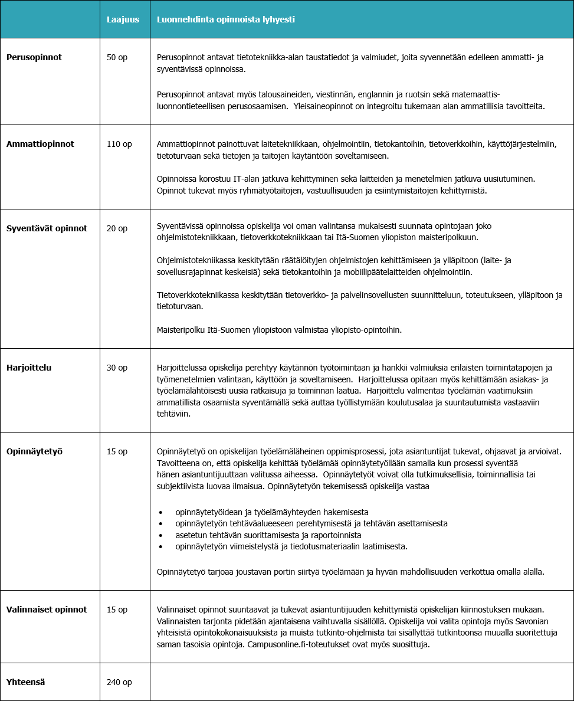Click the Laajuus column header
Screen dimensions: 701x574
click(123, 19)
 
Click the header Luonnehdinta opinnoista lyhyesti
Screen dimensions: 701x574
click(225, 19)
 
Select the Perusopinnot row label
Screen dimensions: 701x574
click(34, 57)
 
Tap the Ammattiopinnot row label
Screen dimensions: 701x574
click(40, 143)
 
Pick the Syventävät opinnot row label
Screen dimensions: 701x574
click(47, 228)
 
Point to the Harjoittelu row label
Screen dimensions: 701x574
click(29, 367)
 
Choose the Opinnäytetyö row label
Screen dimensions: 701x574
click(34, 451)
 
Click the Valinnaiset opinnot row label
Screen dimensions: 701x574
click(47, 609)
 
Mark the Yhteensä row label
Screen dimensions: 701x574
click(26, 682)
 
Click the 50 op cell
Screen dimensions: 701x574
click(117, 57)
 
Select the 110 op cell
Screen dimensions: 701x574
click(119, 143)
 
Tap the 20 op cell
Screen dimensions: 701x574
click(117, 228)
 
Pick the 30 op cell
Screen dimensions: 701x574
click(117, 367)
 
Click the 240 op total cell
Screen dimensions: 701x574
click(119, 682)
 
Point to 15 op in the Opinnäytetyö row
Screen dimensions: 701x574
click(117, 451)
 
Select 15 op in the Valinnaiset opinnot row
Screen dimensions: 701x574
click(117, 609)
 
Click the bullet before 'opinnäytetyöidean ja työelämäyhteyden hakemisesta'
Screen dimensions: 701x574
click(160, 512)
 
